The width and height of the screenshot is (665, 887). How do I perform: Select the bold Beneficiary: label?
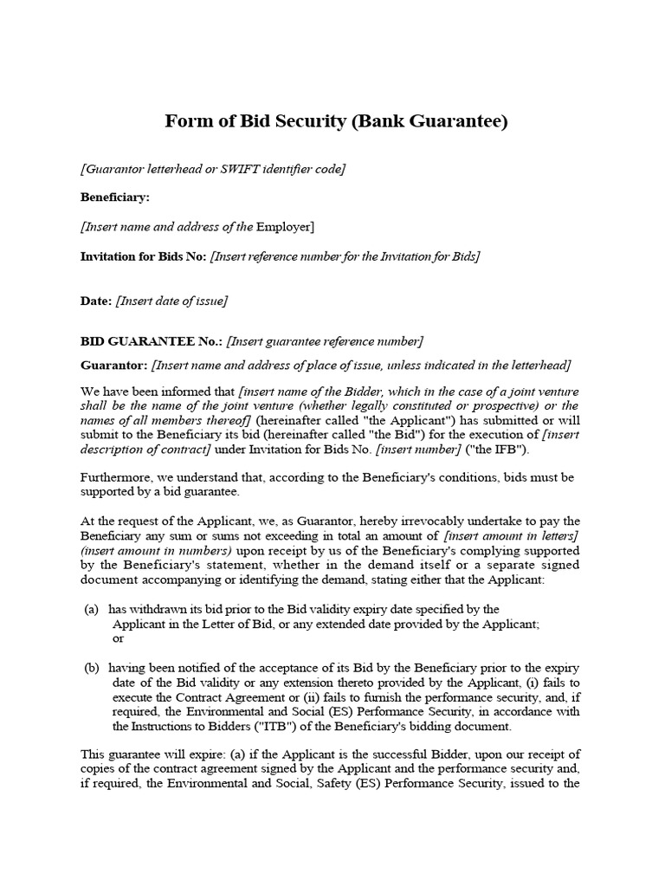(114, 197)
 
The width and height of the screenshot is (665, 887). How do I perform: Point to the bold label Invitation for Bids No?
(144, 256)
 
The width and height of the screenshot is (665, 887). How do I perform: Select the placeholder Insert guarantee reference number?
(325, 340)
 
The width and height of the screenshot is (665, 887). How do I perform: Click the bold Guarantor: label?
(114, 365)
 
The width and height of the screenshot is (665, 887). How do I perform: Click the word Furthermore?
(119, 478)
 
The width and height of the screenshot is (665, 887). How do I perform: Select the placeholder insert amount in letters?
(510, 536)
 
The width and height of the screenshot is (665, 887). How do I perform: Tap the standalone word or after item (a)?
(119, 638)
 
